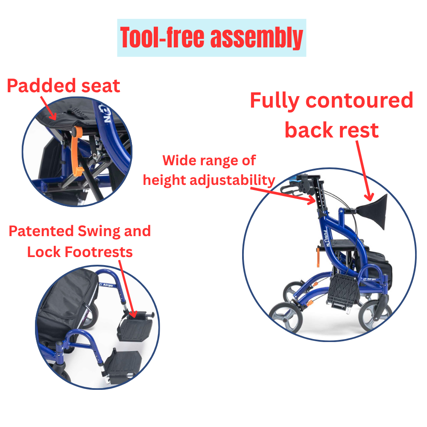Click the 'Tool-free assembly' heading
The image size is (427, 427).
(x=212, y=38)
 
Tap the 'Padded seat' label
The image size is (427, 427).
(x=64, y=86)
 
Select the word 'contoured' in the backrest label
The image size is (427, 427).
(x=360, y=100)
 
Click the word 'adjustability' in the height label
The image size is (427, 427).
(x=233, y=180)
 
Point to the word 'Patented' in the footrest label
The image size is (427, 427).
(x=41, y=231)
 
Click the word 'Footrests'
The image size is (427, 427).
(x=99, y=252)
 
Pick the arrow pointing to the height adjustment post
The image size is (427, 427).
(x=283, y=195)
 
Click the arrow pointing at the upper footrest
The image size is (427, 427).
(x=127, y=289)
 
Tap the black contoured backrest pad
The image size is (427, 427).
(x=372, y=211)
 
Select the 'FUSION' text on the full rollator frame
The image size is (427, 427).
(x=326, y=238)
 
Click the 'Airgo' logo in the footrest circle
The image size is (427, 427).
(x=106, y=284)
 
